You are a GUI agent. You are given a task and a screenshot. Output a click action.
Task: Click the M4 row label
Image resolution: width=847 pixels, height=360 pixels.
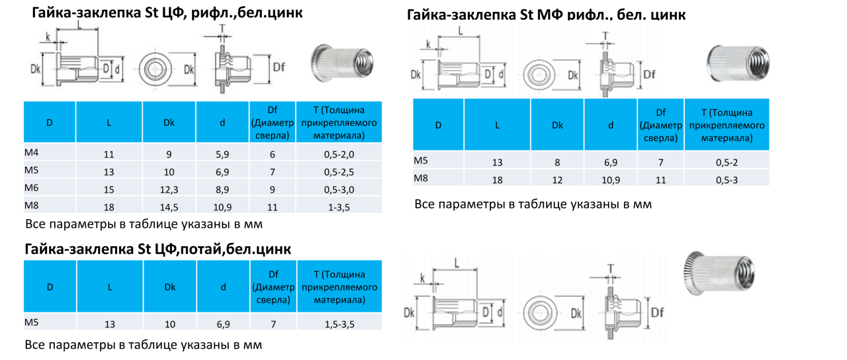[x=32, y=154]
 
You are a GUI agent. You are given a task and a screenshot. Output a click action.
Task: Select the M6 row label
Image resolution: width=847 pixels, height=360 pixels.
[x=32, y=188]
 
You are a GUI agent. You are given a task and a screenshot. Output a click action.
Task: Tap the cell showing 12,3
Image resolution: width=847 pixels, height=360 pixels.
[x=169, y=190]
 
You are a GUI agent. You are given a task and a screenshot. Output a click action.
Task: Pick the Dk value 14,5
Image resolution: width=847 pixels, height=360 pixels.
[x=169, y=207]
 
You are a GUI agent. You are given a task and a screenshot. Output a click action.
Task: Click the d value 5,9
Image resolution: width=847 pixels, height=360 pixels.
[x=223, y=155]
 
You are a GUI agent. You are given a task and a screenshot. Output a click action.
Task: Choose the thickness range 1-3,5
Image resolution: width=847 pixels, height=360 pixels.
[x=338, y=207]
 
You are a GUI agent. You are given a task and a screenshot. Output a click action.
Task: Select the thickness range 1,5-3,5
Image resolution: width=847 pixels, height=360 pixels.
[x=339, y=324]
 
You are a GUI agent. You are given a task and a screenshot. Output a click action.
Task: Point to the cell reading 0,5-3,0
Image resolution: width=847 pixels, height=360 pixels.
[x=338, y=190]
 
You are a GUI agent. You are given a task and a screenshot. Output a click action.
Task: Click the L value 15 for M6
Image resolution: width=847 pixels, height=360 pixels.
[x=109, y=190]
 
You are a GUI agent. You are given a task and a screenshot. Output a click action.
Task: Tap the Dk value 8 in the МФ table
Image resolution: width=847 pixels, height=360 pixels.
[x=557, y=162]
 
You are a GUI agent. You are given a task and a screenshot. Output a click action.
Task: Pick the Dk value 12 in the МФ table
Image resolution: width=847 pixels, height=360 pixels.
[x=557, y=180]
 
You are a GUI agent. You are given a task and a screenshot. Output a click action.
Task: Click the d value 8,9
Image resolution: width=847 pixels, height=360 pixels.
[x=223, y=190]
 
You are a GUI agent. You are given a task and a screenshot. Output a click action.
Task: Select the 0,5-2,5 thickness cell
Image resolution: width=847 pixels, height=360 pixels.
[x=338, y=172]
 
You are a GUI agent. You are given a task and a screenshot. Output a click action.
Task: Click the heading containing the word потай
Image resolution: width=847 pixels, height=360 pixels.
[x=158, y=249]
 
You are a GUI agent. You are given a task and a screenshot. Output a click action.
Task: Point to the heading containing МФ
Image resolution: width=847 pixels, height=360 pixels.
[x=546, y=14]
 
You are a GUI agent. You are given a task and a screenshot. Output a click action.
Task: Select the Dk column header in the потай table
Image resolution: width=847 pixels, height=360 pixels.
[x=170, y=287]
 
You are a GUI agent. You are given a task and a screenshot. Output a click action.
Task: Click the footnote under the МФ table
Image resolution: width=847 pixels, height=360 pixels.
[x=533, y=204]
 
